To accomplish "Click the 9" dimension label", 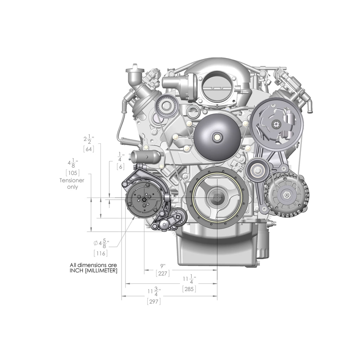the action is click(163, 266).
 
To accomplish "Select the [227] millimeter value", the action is click(162, 274).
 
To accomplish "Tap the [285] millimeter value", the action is click(189, 289).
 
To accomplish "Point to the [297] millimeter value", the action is click(154, 301).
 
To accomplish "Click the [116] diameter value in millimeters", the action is click(101, 253).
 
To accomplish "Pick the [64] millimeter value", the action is click(89, 149).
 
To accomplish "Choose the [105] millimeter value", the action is click(72, 173).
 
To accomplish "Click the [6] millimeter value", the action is click(121, 167).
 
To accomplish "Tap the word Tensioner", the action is click(72, 180).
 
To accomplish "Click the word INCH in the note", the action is click(76, 270).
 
